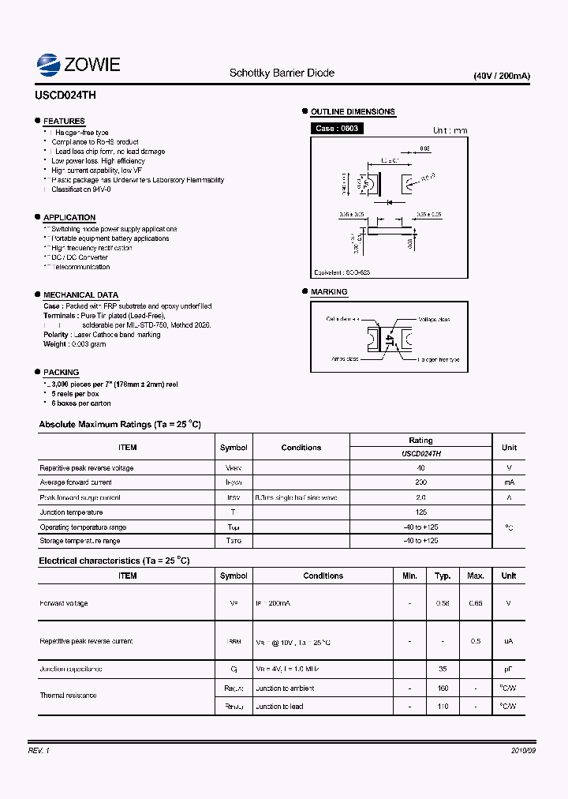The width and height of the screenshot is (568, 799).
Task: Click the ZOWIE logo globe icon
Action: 49,64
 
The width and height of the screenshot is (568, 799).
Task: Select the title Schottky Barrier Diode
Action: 282,73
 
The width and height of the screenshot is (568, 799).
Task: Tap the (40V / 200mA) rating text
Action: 502,76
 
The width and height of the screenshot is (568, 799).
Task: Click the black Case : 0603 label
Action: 337,128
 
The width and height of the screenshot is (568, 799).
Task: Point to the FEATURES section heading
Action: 64,122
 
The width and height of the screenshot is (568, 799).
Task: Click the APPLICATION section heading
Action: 69,217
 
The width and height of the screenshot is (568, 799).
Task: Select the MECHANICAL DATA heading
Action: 80,294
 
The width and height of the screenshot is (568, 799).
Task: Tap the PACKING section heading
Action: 61,372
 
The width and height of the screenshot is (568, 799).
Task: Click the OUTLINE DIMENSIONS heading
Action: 353,112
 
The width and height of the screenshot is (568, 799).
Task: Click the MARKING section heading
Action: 329,292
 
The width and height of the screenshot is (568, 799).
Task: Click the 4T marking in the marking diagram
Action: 389,339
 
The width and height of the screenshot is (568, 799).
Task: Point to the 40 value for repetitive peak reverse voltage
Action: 420,468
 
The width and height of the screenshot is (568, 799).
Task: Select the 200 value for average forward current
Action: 420,482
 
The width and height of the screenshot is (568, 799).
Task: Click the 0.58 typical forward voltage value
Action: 443,603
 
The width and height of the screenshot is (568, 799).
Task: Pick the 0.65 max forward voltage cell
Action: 475,603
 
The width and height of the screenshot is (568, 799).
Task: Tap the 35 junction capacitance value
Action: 443,669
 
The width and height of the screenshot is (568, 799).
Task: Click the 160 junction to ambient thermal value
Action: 443,688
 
